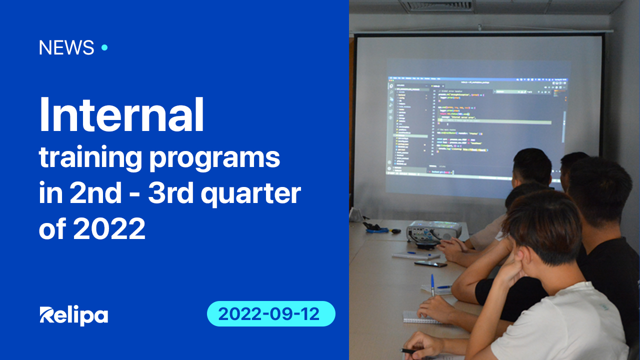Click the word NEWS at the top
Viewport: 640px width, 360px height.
click(66, 48)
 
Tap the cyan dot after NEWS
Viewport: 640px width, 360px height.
click(104, 48)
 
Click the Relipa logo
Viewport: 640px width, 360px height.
click(73, 315)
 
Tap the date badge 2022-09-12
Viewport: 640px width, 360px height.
click(270, 314)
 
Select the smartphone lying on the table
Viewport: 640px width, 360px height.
click(430, 263)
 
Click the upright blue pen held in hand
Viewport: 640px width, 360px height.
click(432, 284)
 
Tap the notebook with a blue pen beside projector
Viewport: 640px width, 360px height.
click(415, 255)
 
